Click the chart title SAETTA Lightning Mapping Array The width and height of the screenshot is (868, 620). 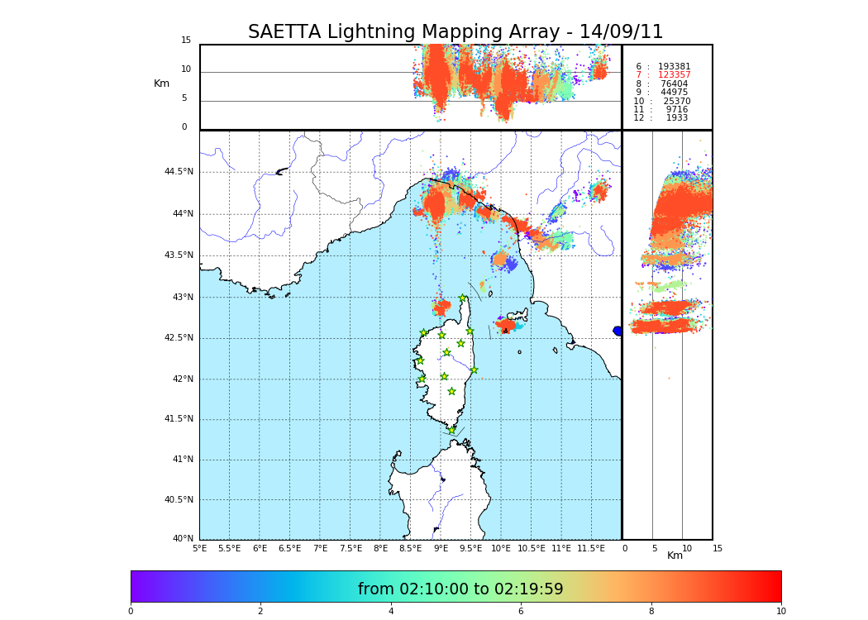(455, 32)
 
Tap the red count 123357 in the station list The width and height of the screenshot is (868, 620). (674, 75)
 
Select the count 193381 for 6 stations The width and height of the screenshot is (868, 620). (674, 67)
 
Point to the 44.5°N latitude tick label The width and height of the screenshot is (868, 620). (179, 172)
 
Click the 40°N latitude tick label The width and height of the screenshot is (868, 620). (183, 539)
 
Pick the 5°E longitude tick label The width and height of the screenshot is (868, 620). (199, 548)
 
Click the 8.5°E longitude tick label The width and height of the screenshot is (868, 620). (410, 548)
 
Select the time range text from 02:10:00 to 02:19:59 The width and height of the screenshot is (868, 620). (460, 589)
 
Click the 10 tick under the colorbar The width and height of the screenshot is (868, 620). (780, 612)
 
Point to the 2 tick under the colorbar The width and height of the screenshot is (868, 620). (260, 612)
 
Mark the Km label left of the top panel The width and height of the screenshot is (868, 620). (161, 83)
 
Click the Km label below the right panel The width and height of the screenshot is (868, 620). (675, 556)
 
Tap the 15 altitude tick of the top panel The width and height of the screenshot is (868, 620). (186, 41)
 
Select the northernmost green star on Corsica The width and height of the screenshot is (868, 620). (463, 298)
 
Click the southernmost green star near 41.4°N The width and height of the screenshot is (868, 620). (451, 430)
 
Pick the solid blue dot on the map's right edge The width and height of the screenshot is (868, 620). (618, 331)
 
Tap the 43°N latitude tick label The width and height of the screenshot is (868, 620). (182, 298)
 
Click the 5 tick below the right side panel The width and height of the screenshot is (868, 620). (654, 548)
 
